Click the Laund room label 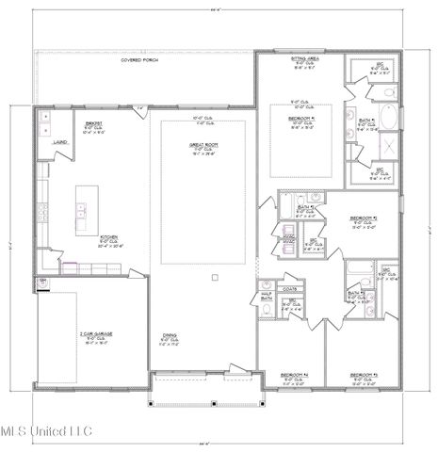tap(57, 144)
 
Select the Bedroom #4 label tap(295, 374)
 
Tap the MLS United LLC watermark tap(47, 432)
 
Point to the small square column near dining tap(217, 277)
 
